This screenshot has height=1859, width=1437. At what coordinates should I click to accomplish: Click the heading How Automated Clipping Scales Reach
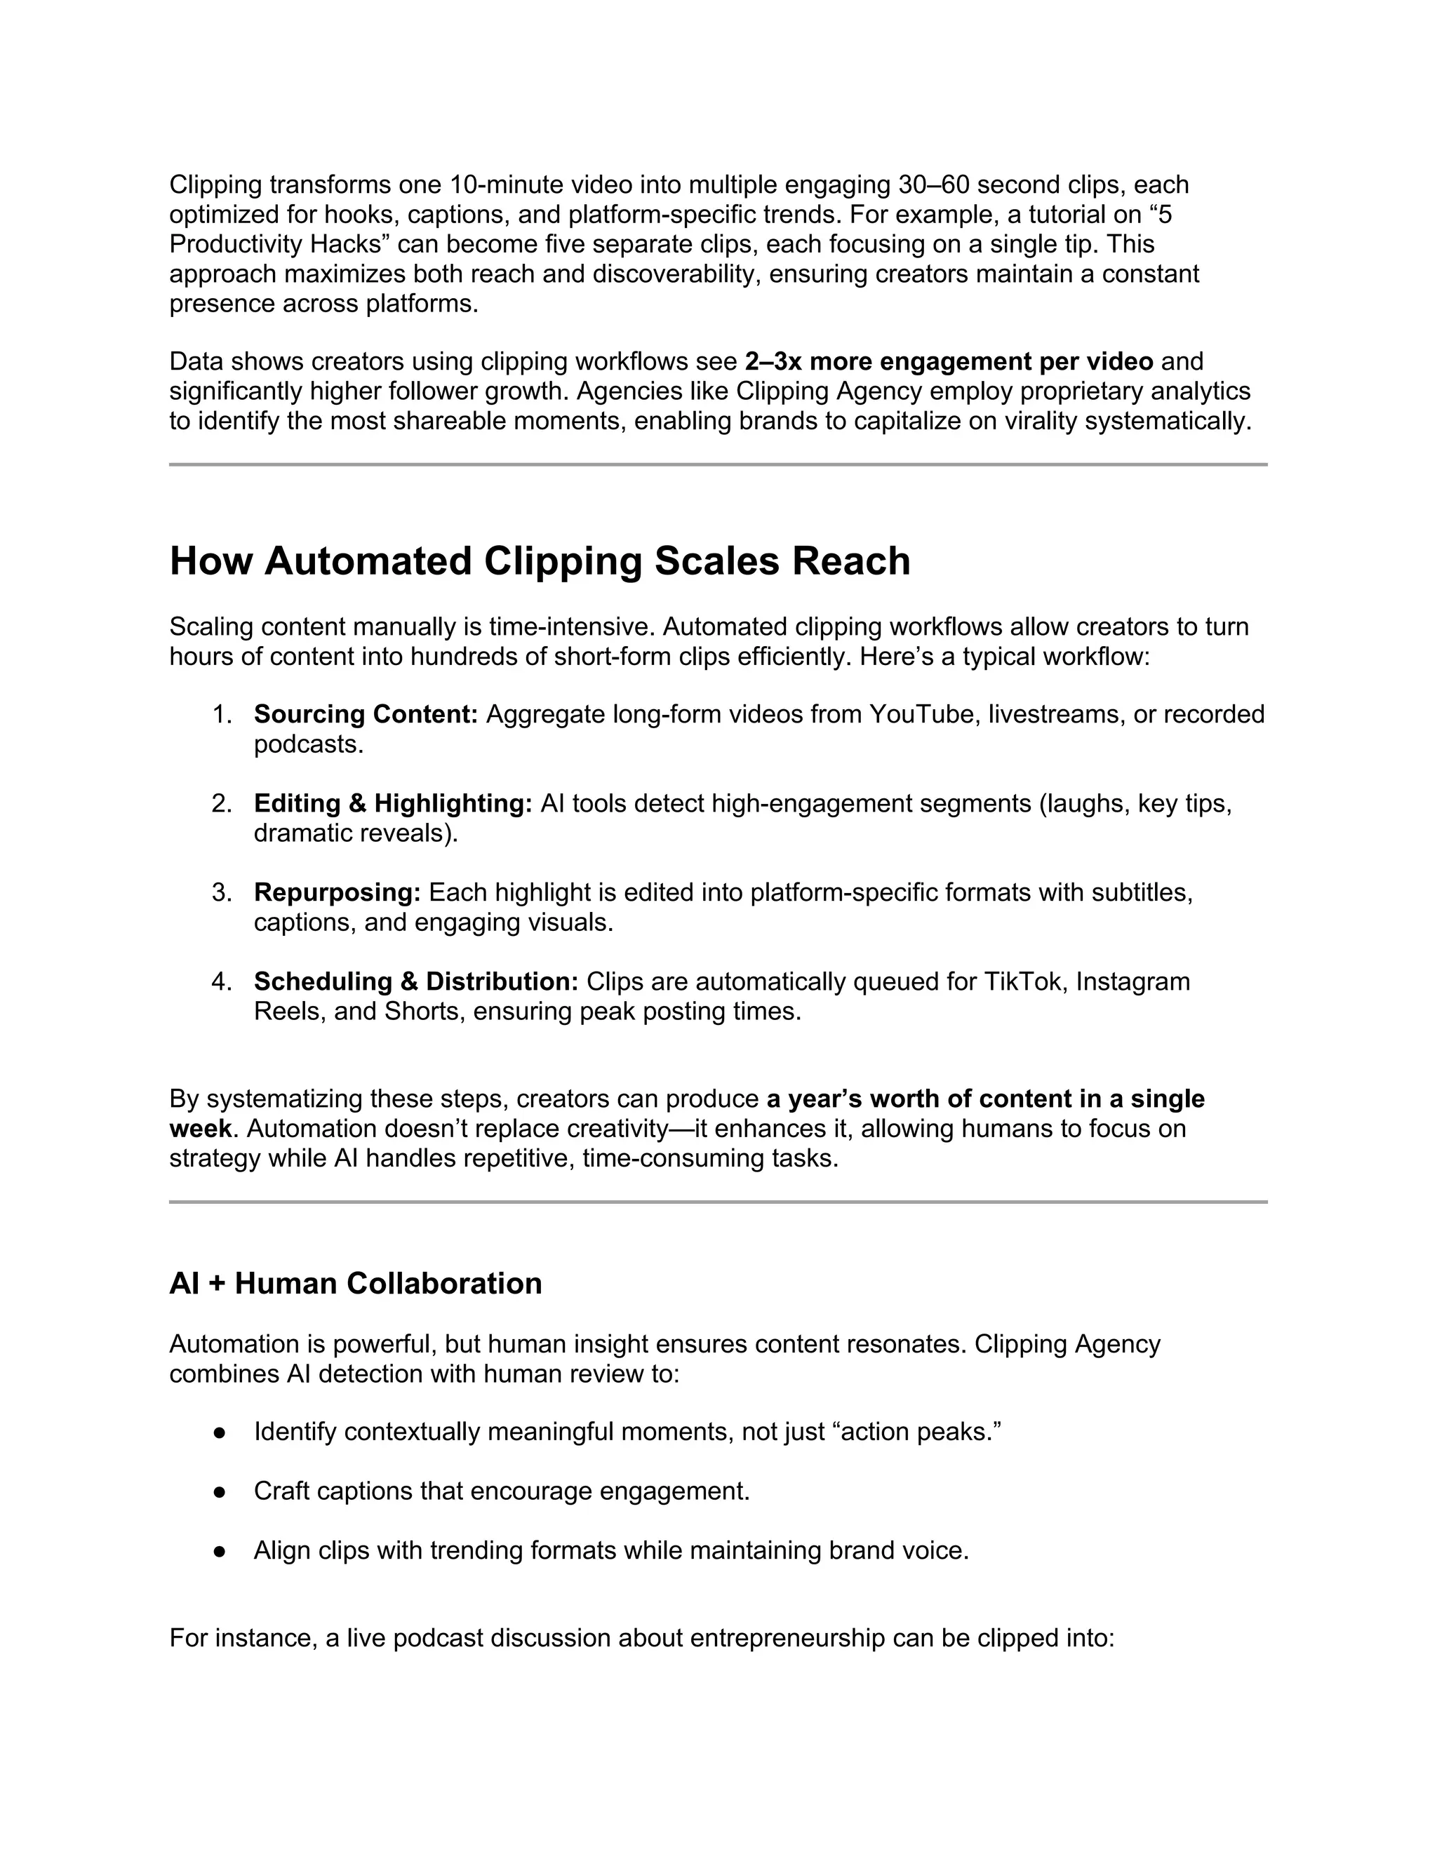540,562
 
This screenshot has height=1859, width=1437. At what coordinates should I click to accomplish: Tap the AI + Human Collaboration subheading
355,1283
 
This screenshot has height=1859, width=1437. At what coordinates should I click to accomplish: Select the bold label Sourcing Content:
366,714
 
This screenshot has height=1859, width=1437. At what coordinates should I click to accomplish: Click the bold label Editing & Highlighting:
394,803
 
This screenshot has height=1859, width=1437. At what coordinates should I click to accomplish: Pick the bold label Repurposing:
337,892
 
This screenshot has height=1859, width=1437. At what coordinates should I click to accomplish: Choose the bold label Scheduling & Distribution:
415,981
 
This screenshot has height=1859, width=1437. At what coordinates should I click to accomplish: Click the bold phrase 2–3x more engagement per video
949,362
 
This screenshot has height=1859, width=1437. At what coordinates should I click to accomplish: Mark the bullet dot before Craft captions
220,1492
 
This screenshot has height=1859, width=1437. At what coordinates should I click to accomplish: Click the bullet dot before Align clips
220,1551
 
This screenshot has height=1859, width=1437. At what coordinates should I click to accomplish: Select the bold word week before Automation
200,1129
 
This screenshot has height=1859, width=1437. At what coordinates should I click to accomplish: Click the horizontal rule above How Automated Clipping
718,464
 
